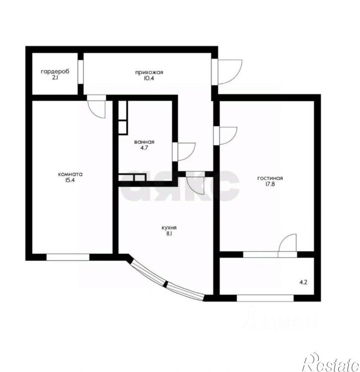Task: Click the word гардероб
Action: [55, 72]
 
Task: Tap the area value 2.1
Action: [55, 78]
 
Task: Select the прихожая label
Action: [149, 73]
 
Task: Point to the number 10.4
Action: [149, 78]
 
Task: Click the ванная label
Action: [144, 142]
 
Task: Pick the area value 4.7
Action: [144, 148]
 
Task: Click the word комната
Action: [70, 174]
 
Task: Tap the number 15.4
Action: [70, 180]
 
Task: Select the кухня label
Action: [169, 228]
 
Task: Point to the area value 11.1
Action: [169, 234]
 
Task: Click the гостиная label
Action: [270, 178]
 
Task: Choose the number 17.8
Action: [270, 184]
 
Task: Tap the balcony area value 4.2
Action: [303, 282]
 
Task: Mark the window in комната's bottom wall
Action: [68, 257]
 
